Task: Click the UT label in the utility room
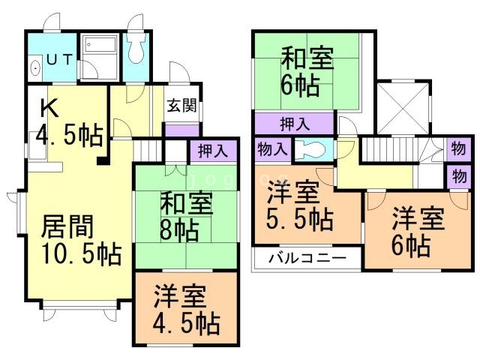pyautogui.click(x=60, y=59)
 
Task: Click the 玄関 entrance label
pyautogui.click(x=182, y=106)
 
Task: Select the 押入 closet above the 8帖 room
pyautogui.click(x=214, y=151)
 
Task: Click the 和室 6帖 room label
pyautogui.click(x=308, y=70)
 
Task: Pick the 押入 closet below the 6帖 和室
pyautogui.click(x=293, y=123)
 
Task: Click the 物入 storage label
pyautogui.click(x=271, y=148)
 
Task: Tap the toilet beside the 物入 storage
pyautogui.click(x=310, y=149)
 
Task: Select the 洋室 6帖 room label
pyautogui.click(x=418, y=230)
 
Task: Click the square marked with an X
pyautogui.click(x=402, y=105)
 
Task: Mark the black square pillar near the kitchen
pyautogui.click(x=100, y=160)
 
